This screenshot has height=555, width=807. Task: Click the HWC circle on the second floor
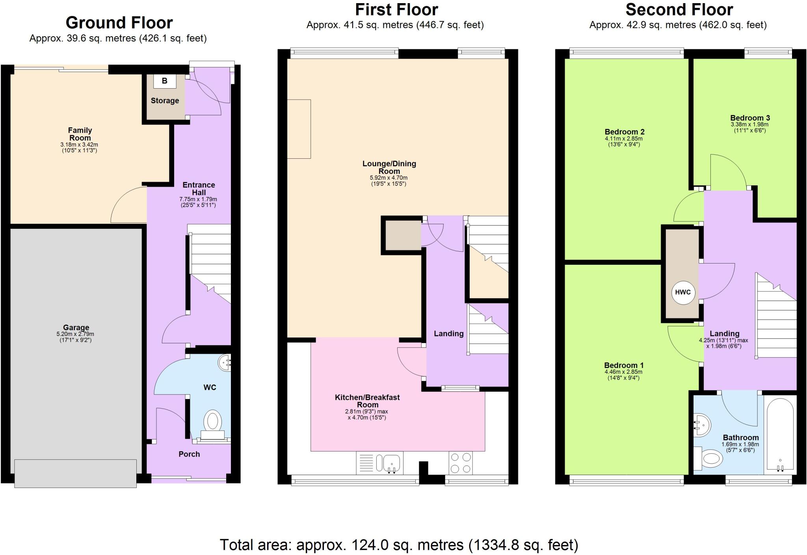point(683,292)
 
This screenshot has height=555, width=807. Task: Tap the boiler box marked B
point(164,81)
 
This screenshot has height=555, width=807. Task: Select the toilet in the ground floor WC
point(213,421)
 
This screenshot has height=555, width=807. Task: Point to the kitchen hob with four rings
point(461,463)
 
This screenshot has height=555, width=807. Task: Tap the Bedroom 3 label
point(750,118)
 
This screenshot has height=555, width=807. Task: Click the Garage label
point(76,327)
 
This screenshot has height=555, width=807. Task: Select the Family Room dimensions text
point(80,147)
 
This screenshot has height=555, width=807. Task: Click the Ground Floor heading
point(119,23)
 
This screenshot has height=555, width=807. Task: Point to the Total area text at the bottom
point(399,545)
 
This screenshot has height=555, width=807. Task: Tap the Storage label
point(165,100)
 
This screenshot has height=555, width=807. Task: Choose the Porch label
point(189,454)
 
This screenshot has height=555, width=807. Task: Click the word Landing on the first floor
point(448,334)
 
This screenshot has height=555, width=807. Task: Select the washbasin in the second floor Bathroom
point(702,425)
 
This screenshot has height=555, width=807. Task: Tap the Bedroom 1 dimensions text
point(623,375)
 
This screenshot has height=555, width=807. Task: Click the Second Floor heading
point(679,9)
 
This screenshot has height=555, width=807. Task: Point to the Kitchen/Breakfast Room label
point(367,401)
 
